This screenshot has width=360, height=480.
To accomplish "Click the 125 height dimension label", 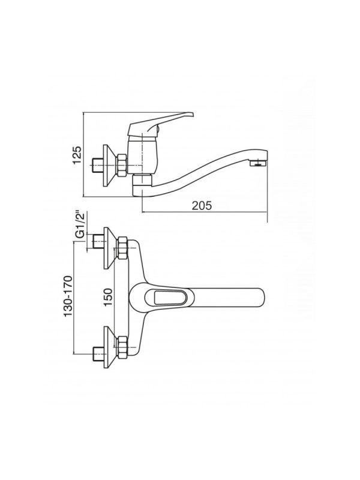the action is (x=77, y=155).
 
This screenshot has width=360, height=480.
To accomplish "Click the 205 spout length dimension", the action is (x=202, y=205).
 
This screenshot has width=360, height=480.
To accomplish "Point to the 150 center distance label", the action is (x=108, y=297).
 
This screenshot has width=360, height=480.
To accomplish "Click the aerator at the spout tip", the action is (x=259, y=163).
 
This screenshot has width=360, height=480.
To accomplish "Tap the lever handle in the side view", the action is (x=161, y=124).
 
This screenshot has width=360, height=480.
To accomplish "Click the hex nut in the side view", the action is (x=121, y=165).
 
